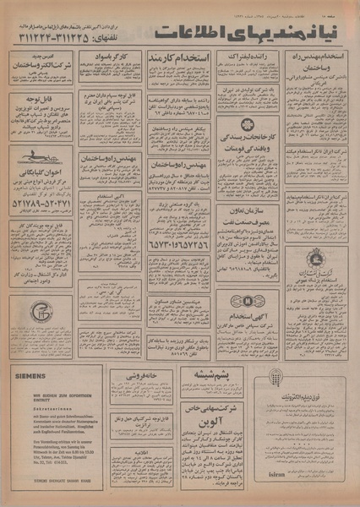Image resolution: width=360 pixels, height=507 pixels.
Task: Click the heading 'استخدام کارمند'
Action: (x=179, y=58)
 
